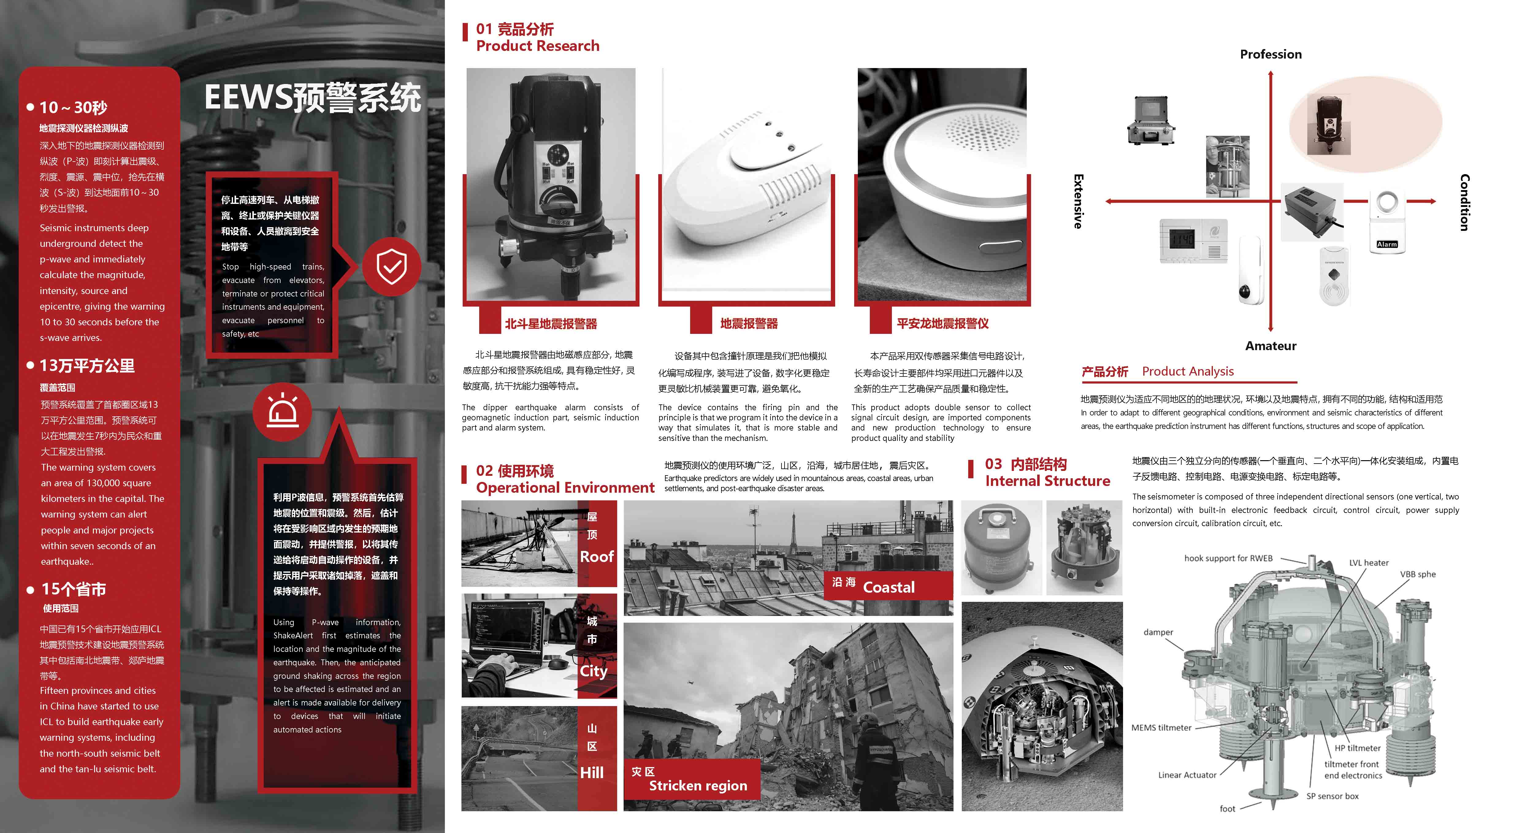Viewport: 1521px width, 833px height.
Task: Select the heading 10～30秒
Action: (73, 107)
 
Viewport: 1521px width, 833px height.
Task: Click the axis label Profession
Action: (1271, 54)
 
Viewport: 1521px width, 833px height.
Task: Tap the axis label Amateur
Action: (1271, 346)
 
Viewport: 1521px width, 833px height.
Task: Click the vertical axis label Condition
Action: (1464, 202)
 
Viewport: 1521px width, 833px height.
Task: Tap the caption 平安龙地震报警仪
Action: (942, 323)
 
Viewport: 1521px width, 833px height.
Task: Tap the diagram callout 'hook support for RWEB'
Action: (1228, 558)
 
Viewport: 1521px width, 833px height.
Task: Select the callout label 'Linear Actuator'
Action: (1187, 774)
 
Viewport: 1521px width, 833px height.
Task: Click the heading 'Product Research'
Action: (537, 46)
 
